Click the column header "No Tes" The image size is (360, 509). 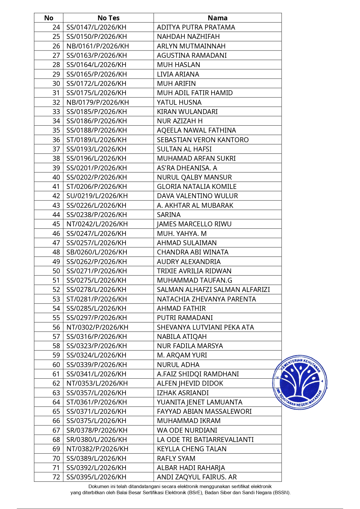point(108,18)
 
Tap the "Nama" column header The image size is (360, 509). point(218,18)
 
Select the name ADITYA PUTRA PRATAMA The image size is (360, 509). point(196,27)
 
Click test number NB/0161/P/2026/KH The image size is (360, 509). point(97,46)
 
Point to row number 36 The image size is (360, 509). point(56,140)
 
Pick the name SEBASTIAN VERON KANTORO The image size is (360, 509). point(202,140)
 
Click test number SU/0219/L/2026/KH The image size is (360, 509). point(97,196)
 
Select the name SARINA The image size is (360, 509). point(169,215)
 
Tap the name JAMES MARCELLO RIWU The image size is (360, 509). point(194,224)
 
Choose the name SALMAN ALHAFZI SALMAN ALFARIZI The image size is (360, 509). point(213,290)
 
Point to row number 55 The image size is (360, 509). point(56,318)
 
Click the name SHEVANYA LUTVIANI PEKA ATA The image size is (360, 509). point(205,327)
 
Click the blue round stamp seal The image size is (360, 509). point(300,382)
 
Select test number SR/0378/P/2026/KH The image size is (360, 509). point(97,430)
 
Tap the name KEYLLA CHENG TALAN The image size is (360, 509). point(191,449)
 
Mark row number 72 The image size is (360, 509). point(56,477)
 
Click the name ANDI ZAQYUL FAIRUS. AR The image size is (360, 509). point(197,477)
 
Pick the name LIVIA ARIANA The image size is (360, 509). point(178,74)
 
